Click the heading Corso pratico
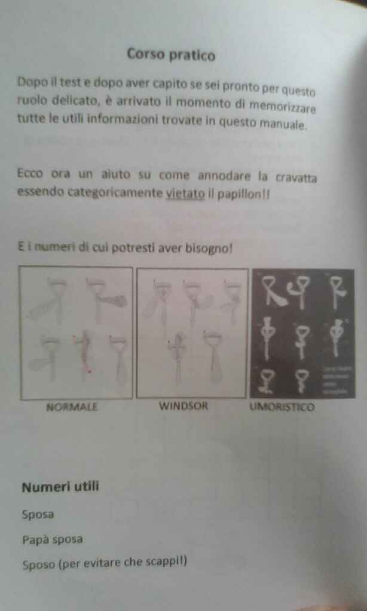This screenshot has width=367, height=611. click(171, 54)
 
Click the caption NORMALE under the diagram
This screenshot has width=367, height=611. click(72, 408)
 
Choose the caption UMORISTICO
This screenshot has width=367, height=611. click(282, 408)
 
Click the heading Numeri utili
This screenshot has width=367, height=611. click(60, 487)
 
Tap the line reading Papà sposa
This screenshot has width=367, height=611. click(53, 539)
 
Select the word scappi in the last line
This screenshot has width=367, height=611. click(166, 561)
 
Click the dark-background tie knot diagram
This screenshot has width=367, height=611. click(303, 333)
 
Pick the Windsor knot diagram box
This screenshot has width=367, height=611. click(192, 333)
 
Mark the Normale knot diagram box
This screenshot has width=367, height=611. click(77, 332)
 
